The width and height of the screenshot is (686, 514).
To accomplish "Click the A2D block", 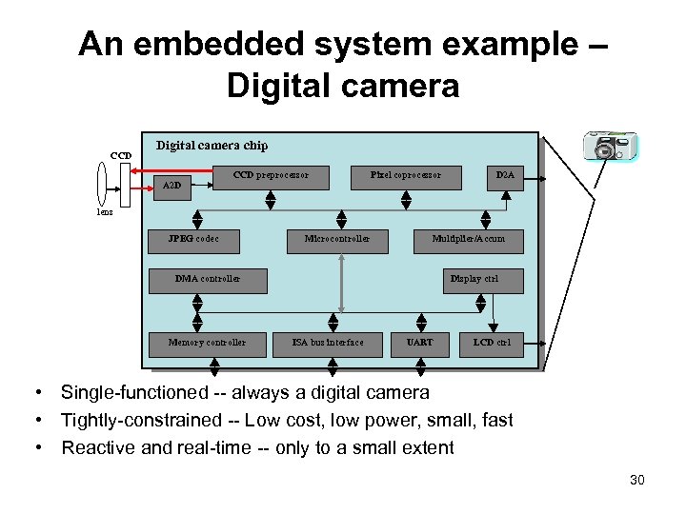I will (x=173, y=185).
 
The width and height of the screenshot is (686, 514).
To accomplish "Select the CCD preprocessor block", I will (x=272, y=176).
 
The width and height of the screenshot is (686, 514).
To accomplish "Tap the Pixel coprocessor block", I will (x=406, y=176).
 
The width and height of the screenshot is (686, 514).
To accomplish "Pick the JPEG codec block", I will (x=193, y=240).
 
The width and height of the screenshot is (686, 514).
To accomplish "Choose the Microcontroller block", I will (x=337, y=240).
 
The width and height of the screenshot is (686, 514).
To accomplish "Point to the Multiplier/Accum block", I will (x=469, y=240).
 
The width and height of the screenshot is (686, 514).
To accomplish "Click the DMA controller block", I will (x=208, y=280).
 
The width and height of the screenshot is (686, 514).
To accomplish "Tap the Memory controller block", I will (x=207, y=343).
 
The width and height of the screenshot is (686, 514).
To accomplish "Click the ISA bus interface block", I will (x=328, y=343).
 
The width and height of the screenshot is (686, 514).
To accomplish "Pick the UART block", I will (x=419, y=343).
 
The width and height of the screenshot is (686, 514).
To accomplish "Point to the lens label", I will (x=105, y=212).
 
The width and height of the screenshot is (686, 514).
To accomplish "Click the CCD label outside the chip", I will (x=121, y=155).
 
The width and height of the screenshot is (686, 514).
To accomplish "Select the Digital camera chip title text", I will (x=212, y=146).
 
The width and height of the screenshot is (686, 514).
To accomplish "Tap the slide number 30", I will (x=637, y=480).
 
